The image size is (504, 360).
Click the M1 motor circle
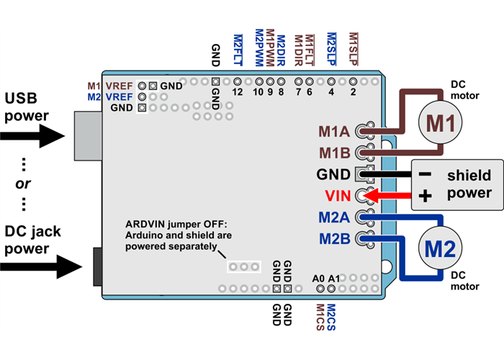tap(439, 124)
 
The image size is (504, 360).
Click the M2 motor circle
tap(439, 249)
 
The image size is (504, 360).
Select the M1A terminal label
tap(334, 132)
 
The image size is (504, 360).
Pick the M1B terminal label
tap(334, 153)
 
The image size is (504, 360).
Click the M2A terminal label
tap(333, 217)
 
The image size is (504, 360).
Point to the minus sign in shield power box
tap(425, 174)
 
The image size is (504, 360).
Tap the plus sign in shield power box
tap(425, 195)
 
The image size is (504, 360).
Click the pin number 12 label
tap(238, 91)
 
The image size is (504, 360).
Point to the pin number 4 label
tap(331, 91)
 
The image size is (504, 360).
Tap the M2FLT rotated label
tap(238, 50)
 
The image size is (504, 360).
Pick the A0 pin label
tap(319, 278)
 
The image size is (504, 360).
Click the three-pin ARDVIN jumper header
tap(243, 267)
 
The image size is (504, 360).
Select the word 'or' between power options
tap(23, 184)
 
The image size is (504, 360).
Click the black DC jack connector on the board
tap(97, 266)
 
